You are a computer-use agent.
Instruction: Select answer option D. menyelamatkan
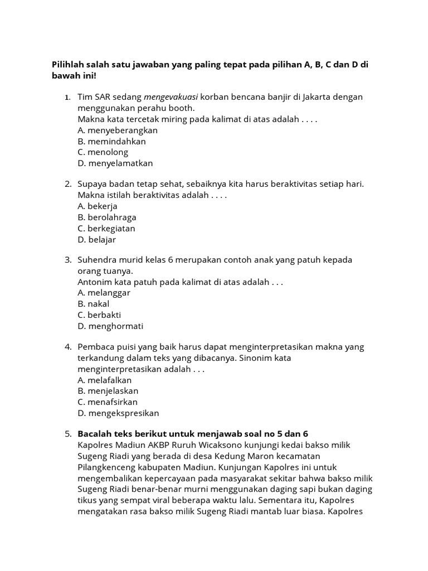pyautogui.click(x=115, y=163)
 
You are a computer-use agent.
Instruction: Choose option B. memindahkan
pyautogui.click(x=111, y=141)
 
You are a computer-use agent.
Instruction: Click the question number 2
pyautogui.click(x=67, y=184)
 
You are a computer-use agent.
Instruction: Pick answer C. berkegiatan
pyautogui.click(x=106, y=228)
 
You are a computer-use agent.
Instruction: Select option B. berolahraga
pyautogui.click(x=107, y=217)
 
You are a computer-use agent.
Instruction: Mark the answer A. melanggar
pyautogui.click(x=104, y=293)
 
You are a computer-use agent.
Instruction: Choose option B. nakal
pyautogui.click(x=94, y=304)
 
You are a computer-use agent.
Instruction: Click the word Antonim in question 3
pyautogui.click(x=95, y=282)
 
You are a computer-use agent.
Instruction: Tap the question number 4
pyautogui.click(x=67, y=347)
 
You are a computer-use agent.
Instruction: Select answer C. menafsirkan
pyautogui.click(x=108, y=402)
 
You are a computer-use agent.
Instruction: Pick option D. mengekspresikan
pyautogui.click(x=118, y=413)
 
